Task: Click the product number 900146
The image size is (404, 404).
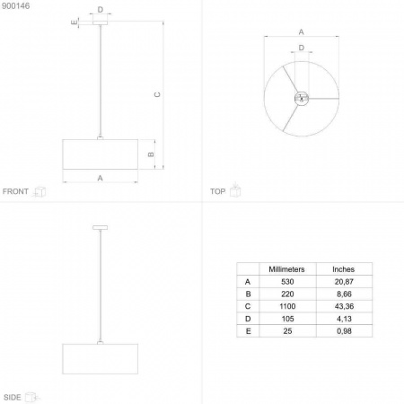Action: coord(16,6)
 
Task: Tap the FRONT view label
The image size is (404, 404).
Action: coord(15,191)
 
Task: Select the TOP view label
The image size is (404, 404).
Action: coord(217,191)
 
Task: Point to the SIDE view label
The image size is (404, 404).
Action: coord(13,397)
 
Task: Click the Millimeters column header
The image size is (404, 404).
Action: coord(286,269)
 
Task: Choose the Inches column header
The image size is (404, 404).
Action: coord(344,269)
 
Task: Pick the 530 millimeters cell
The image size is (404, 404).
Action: coord(287,282)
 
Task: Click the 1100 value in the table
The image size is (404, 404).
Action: coord(287,306)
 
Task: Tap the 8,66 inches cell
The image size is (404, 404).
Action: coord(344,294)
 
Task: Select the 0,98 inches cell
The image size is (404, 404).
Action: coord(344,331)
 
